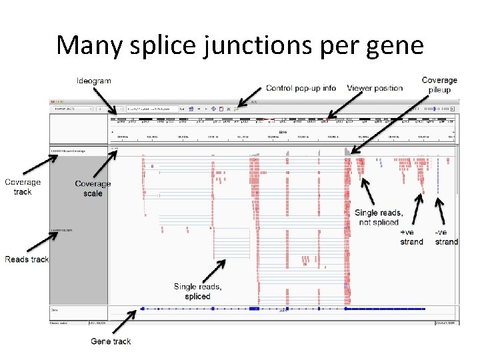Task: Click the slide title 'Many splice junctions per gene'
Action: [240, 45]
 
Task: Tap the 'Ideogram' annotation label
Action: [95, 81]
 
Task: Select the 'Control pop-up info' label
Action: [301, 88]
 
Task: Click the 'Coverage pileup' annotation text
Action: [439, 85]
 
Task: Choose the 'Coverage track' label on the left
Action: [23, 187]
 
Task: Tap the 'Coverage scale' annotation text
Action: [93, 189]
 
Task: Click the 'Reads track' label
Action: [27, 259]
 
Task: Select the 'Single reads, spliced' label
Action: [197, 291]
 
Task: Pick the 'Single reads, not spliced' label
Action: [378, 217]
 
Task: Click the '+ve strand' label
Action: [411, 237]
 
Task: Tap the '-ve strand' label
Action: [446, 237]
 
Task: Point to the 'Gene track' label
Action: [111, 341]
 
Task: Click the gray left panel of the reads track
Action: [79, 267]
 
